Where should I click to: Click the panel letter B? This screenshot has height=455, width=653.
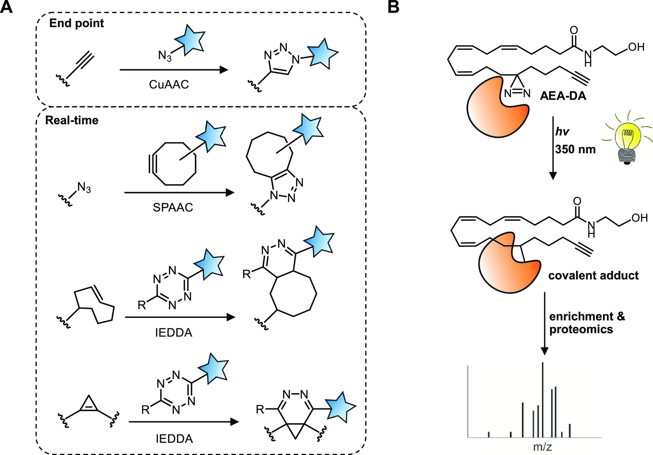[x=394, y=7]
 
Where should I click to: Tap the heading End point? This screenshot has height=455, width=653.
[x=77, y=23]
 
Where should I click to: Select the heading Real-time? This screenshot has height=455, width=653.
[x=72, y=120]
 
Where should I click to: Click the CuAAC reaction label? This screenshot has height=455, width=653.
[x=169, y=84]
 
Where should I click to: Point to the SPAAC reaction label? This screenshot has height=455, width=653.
[x=173, y=207]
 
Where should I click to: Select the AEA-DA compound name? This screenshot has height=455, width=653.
[x=563, y=96]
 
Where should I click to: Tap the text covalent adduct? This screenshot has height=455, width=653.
[x=593, y=275]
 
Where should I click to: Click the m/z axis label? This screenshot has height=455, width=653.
[x=543, y=447]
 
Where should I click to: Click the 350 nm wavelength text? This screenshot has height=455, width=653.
[x=575, y=149]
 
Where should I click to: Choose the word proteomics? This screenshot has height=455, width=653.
[x=581, y=329]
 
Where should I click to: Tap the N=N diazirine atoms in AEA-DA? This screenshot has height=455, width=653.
[x=517, y=93]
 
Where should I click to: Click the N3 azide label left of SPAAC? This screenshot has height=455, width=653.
[x=84, y=188]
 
